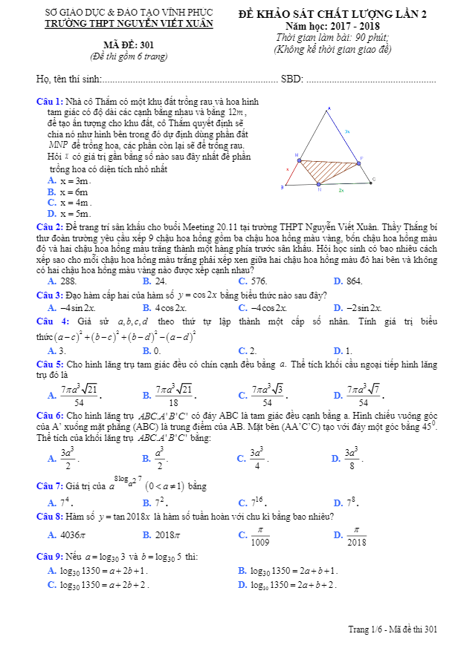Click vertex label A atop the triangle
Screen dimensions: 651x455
[x=328, y=109]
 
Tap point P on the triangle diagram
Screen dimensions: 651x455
[x=361, y=158]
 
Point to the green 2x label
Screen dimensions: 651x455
[x=341, y=191]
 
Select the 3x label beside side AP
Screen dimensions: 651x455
[x=347, y=131]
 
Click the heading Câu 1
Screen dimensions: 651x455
[x=49, y=100]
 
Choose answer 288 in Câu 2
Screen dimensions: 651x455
[x=68, y=281]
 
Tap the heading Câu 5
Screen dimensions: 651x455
[x=49, y=365]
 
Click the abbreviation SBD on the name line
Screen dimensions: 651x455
[x=291, y=79]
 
